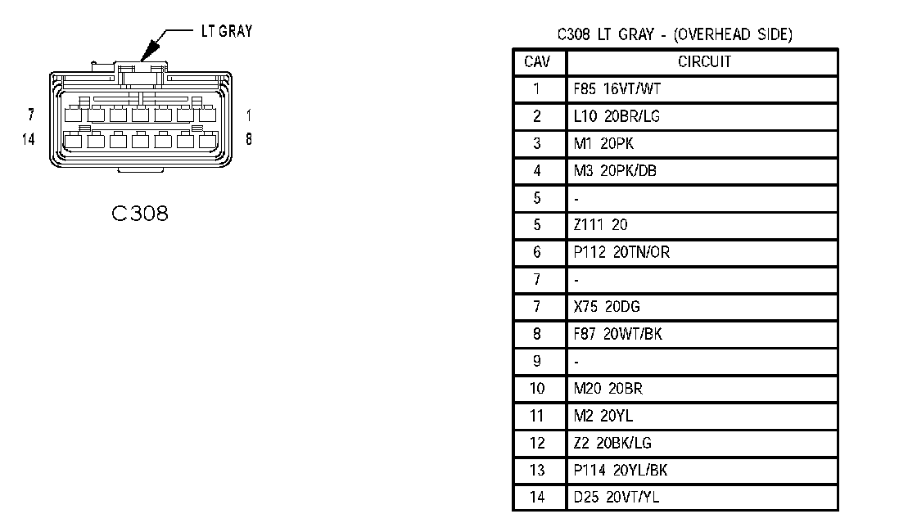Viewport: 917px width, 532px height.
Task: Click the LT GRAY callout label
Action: [226, 31]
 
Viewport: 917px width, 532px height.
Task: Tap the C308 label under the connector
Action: [140, 214]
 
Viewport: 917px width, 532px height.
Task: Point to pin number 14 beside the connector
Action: [29, 138]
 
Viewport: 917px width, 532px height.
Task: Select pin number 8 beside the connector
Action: [248, 138]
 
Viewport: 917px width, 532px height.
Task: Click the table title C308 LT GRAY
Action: [674, 34]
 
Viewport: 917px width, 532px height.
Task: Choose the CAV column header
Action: [537, 61]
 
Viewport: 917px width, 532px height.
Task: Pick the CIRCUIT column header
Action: [704, 61]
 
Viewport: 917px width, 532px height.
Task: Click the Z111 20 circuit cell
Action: [601, 225]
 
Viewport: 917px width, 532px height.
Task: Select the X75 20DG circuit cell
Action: [607, 307]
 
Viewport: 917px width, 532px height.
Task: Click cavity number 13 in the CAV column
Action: [537, 470]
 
